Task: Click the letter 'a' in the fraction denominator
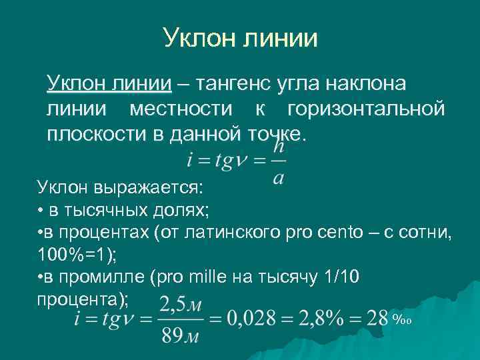pos(278,177)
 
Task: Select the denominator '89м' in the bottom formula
pos(181,334)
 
